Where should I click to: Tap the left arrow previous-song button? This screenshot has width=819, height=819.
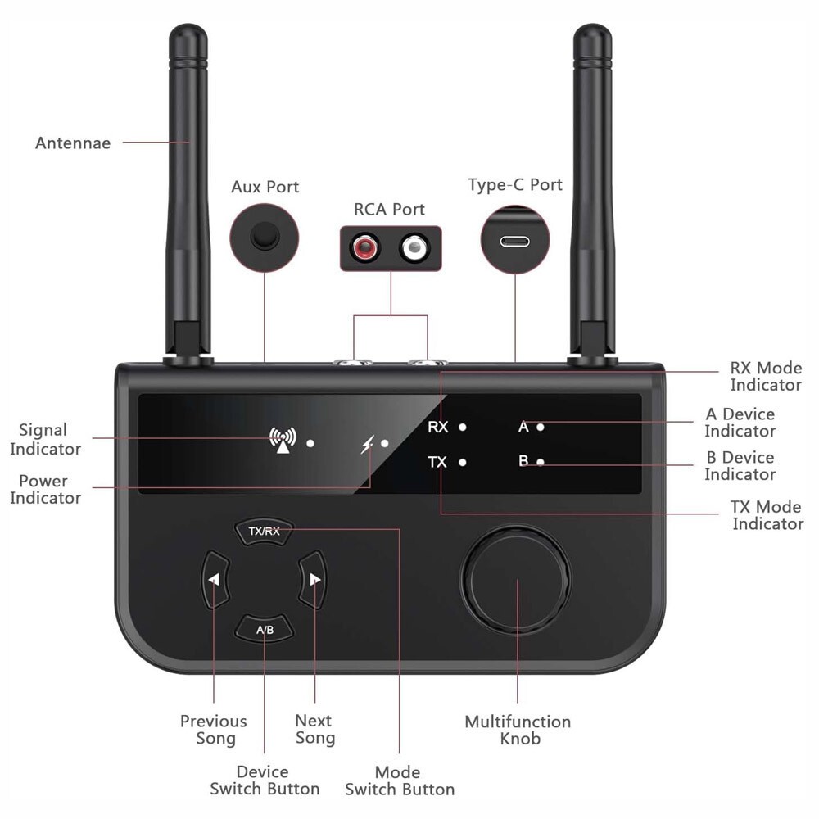(214, 580)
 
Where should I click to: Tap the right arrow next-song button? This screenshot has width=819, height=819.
(314, 580)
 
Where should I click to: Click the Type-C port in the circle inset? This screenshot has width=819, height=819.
(515, 242)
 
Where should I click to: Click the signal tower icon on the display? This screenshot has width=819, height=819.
(282, 441)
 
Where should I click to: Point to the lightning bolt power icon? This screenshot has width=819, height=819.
(368, 445)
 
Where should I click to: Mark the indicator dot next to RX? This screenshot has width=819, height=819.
(463, 427)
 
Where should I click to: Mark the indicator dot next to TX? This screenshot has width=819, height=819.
(463, 462)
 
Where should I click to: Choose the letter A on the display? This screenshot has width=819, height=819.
(523, 426)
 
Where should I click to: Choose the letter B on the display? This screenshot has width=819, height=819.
(523, 461)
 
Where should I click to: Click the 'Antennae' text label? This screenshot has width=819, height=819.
(73, 143)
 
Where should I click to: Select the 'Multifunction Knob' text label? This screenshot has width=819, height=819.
(518, 730)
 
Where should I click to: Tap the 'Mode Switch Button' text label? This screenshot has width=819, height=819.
(400, 781)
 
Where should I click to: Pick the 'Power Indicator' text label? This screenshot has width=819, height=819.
(44, 489)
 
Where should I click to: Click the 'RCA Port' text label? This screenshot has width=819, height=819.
(391, 209)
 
